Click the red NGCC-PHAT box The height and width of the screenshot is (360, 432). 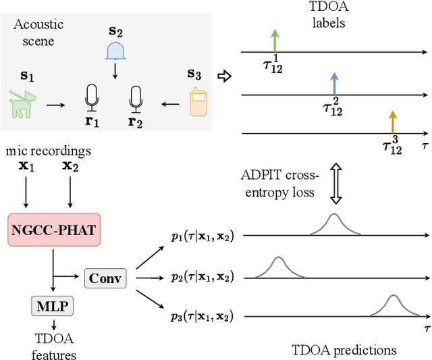click(x=53, y=231)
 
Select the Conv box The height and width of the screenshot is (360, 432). click(x=105, y=277)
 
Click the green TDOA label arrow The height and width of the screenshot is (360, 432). click(x=274, y=40)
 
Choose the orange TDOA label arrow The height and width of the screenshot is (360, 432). click(x=391, y=122)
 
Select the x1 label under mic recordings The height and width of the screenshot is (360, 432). click(x=27, y=164)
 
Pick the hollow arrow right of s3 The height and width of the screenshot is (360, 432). click(x=226, y=76)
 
